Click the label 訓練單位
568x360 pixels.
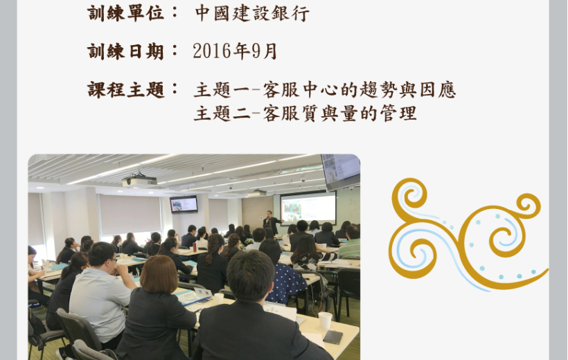point(125,13)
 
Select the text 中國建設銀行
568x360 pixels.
point(253,13)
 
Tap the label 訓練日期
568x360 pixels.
point(125,51)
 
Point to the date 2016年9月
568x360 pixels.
point(235,51)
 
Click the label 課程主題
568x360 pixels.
point(125,90)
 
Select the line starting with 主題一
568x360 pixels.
point(325,90)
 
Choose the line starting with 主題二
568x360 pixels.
point(305,114)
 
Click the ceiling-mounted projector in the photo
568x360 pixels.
point(139,180)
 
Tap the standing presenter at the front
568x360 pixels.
point(271,222)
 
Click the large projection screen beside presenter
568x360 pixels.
point(308,207)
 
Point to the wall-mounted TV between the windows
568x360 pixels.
point(184,204)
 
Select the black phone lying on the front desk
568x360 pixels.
point(333,337)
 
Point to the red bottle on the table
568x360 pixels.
point(195,247)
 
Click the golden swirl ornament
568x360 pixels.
point(468,234)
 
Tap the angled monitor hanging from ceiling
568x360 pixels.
point(341,172)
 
